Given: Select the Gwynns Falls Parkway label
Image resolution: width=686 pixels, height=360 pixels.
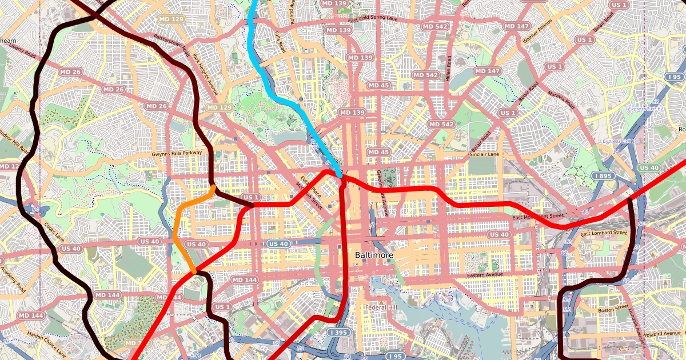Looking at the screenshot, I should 177,154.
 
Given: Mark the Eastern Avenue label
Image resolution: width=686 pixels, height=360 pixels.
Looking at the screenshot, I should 488,276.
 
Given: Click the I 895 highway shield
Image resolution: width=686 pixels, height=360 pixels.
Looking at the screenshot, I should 604,176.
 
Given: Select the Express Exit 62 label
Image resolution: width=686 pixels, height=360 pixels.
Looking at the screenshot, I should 644,109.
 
